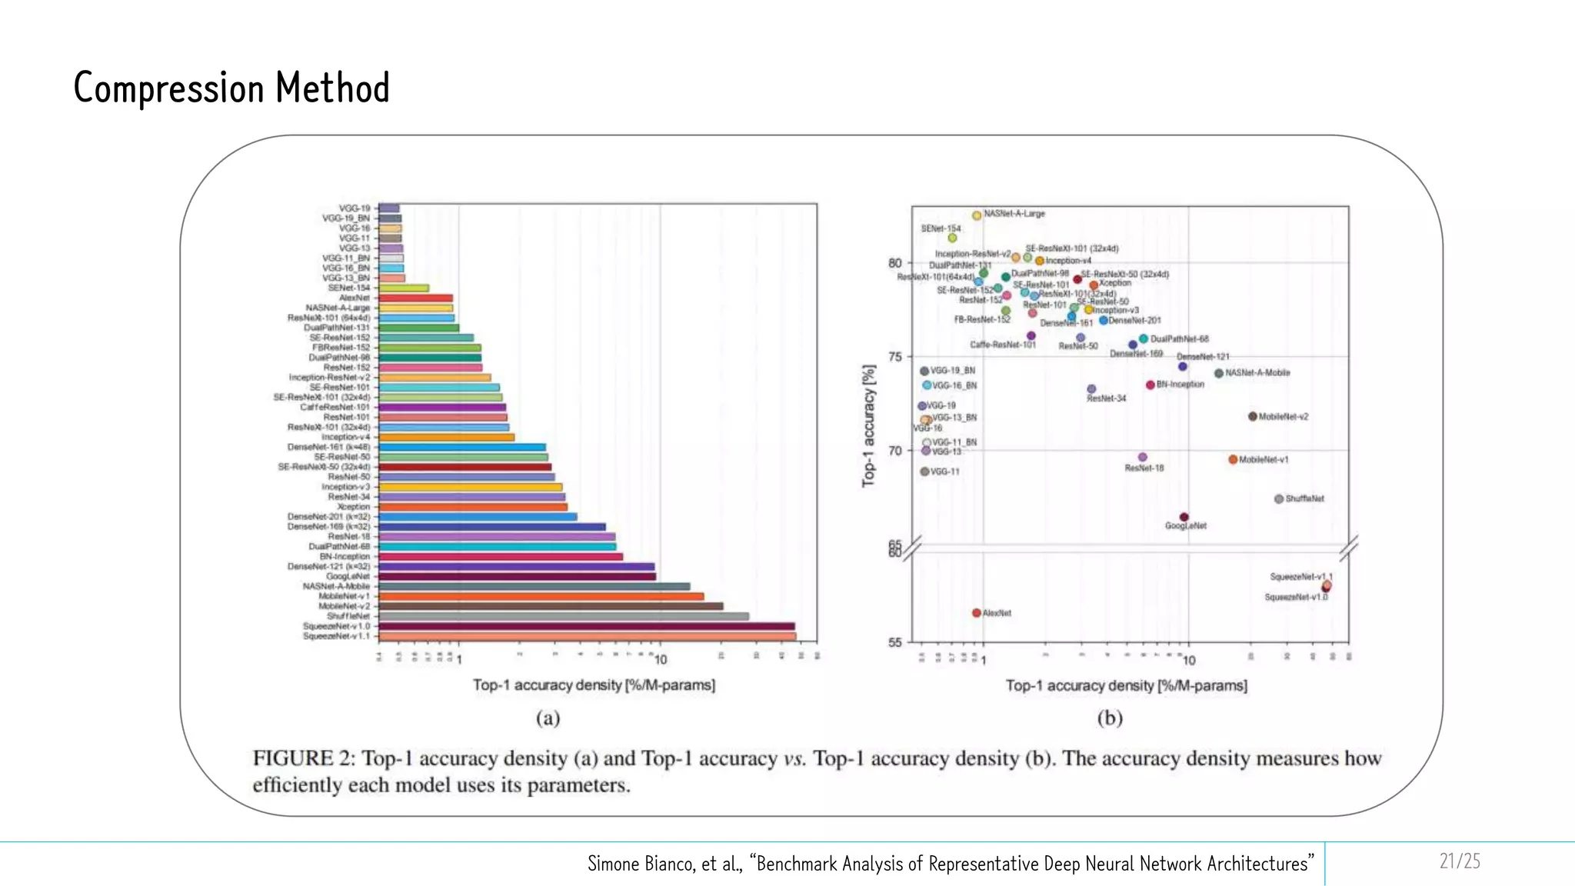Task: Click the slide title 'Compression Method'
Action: pyautogui.click(x=231, y=88)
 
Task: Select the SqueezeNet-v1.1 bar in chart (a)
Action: pyautogui.click(x=588, y=637)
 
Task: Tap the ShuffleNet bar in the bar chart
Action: pyautogui.click(x=564, y=616)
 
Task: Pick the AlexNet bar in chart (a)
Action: pyautogui.click(x=415, y=298)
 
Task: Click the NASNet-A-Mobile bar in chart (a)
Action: pyautogui.click(x=534, y=586)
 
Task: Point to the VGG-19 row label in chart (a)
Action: pyautogui.click(x=355, y=208)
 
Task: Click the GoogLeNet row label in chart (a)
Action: pyautogui.click(x=348, y=576)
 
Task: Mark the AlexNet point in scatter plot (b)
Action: pyautogui.click(x=977, y=613)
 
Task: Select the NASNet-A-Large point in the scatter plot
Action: pyautogui.click(x=977, y=215)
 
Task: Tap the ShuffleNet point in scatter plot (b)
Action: pyautogui.click(x=1279, y=499)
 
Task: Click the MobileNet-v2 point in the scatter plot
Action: pyautogui.click(x=1253, y=417)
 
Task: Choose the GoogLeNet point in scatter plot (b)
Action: pyautogui.click(x=1184, y=518)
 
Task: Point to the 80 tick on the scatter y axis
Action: pyautogui.click(x=895, y=263)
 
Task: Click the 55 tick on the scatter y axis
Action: pyautogui.click(x=895, y=642)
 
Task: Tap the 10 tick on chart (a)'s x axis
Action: pyautogui.click(x=661, y=660)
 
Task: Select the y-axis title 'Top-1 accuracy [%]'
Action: pyautogui.click(x=868, y=425)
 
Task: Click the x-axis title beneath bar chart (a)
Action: pyautogui.click(x=594, y=684)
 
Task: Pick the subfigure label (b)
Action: pyautogui.click(x=1110, y=718)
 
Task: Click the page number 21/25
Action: pyautogui.click(x=1460, y=861)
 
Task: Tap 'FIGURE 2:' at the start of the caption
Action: pyautogui.click(x=304, y=758)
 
